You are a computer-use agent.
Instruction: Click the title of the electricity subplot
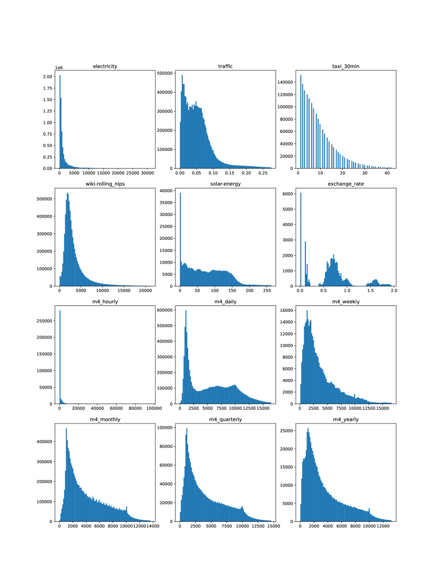pyautogui.click(x=105, y=66)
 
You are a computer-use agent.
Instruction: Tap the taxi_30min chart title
pyautogui.click(x=346, y=66)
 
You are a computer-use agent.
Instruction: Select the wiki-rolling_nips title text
pyautogui.click(x=105, y=184)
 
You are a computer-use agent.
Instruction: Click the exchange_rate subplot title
pyautogui.click(x=346, y=184)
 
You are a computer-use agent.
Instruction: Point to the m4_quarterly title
pyautogui.click(x=225, y=419)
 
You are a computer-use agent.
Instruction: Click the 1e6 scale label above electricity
pyautogui.click(x=59, y=68)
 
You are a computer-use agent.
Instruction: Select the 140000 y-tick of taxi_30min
pyautogui.click(x=286, y=83)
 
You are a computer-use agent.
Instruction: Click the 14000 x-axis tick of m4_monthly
pyautogui.click(x=153, y=526)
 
